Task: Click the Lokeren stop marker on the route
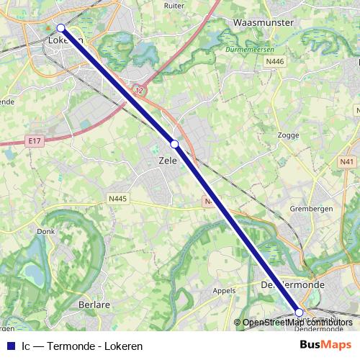[x=61, y=28]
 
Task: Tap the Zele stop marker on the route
[x=174, y=144]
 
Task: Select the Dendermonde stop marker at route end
[x=300, y=312]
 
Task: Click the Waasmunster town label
[x=264, y=23]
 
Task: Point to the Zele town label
[x=168, y=161]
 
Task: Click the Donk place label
[x=45, y=232]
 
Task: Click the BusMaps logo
[x=321, y=346]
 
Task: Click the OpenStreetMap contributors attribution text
[x=297, y=323]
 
